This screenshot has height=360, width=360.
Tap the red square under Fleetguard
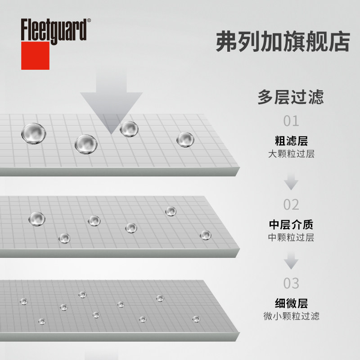[x=35, y=56]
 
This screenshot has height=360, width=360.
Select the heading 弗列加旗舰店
[x=283, y=42]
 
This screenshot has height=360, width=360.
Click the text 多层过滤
[x=291, y=97]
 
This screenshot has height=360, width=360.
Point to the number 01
[x=291, y=121]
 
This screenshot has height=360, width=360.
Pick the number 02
[x=291, y=204]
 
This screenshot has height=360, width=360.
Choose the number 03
[x=291, y=283]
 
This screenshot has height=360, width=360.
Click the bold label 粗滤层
[x=291, y=140]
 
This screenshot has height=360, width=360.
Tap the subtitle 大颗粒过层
[x=291, y=154]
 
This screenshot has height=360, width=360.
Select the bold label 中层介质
[x=291, y=224]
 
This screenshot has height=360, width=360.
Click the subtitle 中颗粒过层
[x=291, y=237]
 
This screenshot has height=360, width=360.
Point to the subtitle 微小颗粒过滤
[x=291, y=316]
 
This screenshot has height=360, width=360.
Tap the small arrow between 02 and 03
[x=291, y=261]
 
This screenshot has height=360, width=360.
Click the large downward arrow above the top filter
[x=111, y=103]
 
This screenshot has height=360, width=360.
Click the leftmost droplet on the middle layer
[x=36, y=219]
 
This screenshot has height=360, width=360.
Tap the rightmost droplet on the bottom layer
[x=196, y=319]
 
